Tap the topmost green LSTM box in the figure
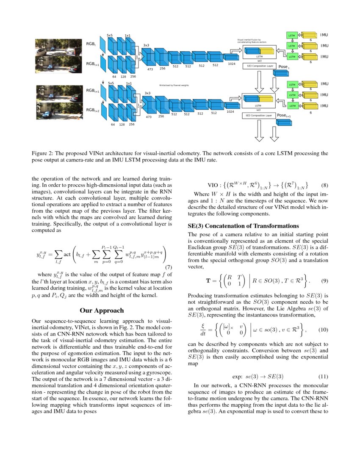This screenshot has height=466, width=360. click(291, 35)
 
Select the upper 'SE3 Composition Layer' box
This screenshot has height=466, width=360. click(258, 66)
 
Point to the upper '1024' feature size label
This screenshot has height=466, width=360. click(231, 64)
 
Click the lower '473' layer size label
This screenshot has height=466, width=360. click(149, 116)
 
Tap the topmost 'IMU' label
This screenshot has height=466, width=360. click(324, 35)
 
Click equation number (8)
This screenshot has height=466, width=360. click(324, 185)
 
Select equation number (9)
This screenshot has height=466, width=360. click(324, 280)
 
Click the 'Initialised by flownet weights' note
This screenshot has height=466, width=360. click(174, 85)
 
